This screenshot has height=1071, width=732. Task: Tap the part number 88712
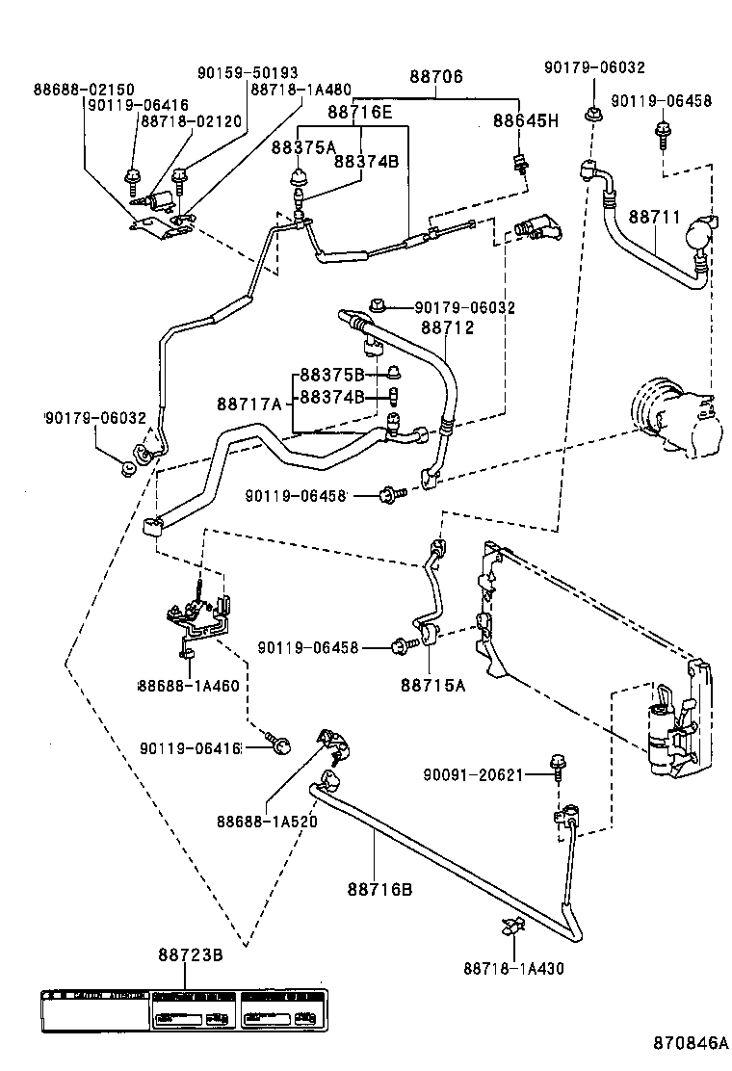(448, 327)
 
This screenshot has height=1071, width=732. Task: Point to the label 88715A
(433, 685)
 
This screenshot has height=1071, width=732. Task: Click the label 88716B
(379, 888)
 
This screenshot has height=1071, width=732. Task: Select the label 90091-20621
(473, 773)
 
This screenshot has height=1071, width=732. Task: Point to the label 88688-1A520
(267, 822)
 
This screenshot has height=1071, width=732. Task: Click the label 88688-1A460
(188, 685)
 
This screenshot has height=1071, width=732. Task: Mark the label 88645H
(525, 121)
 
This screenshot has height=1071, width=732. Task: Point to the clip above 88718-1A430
(510, 929)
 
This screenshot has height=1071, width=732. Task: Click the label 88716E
(360, 112)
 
